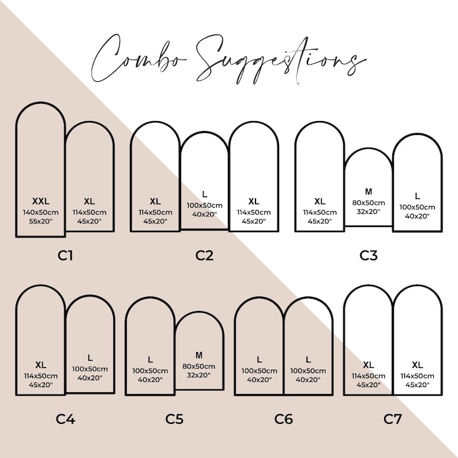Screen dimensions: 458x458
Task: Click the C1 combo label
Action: [65, 256]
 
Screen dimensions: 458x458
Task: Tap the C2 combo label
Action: [204, 256]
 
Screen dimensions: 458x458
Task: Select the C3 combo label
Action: [369, 256]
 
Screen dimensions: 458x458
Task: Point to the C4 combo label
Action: [65, 419]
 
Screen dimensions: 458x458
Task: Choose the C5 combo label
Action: [174, 419]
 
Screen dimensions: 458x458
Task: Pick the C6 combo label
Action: [284, 419]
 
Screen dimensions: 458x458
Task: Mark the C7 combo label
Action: [393, 419]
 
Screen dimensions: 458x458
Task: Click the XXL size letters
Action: [41, 201]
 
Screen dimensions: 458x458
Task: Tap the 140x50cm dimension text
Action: [41, 212]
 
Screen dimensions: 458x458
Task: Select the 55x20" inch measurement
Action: [41, 222]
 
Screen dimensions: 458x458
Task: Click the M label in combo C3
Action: [369, 192]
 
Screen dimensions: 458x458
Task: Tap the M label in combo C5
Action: [199, 355]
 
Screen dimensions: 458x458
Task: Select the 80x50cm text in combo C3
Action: [369, 202]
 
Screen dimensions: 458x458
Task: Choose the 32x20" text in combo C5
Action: [199, 376]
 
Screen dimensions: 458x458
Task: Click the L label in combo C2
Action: [204, 194]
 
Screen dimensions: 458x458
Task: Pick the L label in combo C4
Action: [90, 358]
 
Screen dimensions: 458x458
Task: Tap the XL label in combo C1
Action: [89, 201]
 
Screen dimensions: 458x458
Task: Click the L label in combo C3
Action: [418, 196]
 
